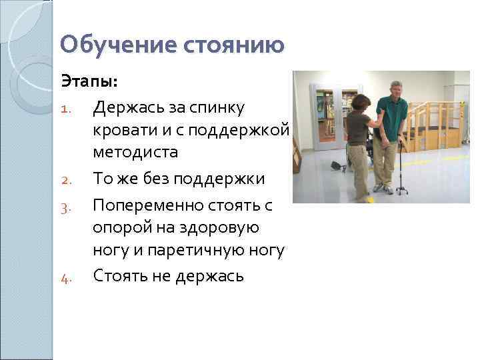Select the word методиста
pyautogui.click(x=135, y=153)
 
